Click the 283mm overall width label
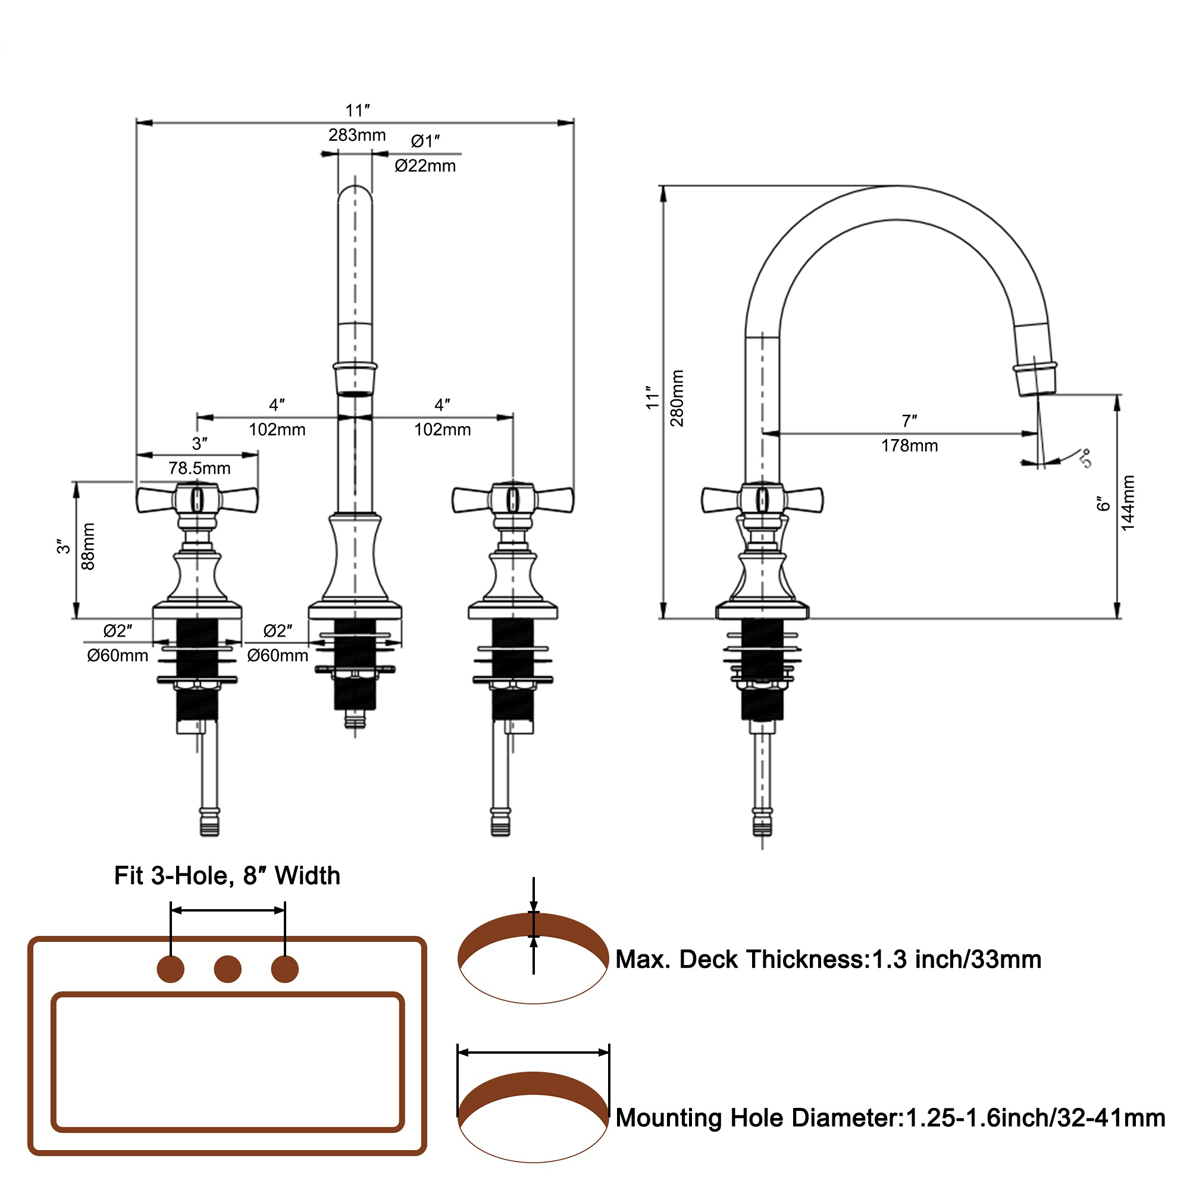tap(356, 135)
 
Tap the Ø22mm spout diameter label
tap(425, 165)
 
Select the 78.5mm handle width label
tap(199, 468)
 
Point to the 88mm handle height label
tap(89, 546)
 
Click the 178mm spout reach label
tap(909, 446)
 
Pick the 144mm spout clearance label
tap(1127, 503)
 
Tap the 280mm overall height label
tap(677, 398)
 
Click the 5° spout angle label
tap(1085, 458)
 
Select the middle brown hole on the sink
tap(228, 969)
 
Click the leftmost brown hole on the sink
tap(171, 969)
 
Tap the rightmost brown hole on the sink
tap(284, 969)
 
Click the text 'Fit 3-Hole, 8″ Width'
tap(227, 875)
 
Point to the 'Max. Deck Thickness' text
tap(828, 959)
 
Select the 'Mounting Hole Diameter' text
tap(890, 1117)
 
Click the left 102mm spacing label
tap(277, 430)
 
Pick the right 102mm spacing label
tap(442, 430)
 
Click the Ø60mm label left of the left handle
tap(118, 655)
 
